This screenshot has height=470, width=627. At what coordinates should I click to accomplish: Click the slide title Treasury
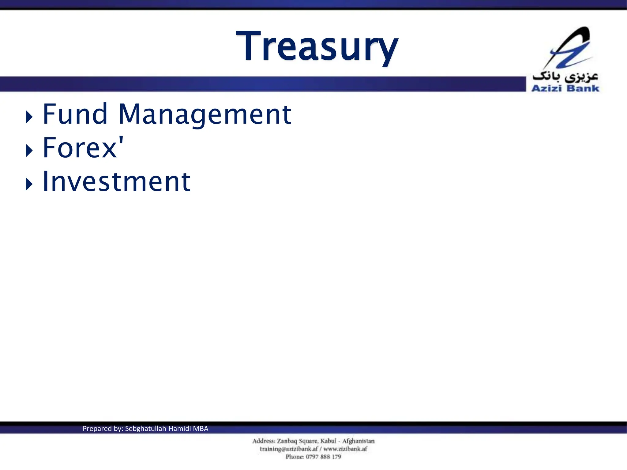click(x=317, y=47)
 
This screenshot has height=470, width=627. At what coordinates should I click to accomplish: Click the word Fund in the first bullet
click(x=75, y=114)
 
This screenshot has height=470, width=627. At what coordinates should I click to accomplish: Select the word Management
click(x=205, y=115)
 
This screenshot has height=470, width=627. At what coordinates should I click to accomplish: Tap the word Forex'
click(x=83, y=148)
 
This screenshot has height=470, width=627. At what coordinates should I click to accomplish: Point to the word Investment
click(x=116, y=182)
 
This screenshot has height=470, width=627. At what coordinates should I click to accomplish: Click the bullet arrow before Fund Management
click(x=29, y=117)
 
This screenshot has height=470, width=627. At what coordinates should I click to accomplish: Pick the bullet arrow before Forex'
click(x=29, y=151)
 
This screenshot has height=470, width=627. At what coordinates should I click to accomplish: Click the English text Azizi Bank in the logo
click(x=565, y=88)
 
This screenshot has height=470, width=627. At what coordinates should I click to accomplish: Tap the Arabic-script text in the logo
click(x=565, y=76)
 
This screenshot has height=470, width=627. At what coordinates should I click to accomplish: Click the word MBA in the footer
click(x=201, y=429)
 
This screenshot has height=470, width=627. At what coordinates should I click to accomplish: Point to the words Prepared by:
click(x=103, y=429)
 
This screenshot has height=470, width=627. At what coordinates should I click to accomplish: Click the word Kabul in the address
click(x=328, y=441)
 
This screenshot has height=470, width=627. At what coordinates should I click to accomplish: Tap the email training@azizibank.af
click(x=289, y=449)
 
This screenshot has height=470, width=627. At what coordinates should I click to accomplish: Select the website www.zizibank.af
click(x=345, y=449)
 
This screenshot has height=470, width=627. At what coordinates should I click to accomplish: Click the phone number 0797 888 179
click(x=323, y=457)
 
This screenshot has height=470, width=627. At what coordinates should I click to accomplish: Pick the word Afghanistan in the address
click(x=358, y=441)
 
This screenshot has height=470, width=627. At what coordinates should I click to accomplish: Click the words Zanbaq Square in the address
click(x=297, y=441)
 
